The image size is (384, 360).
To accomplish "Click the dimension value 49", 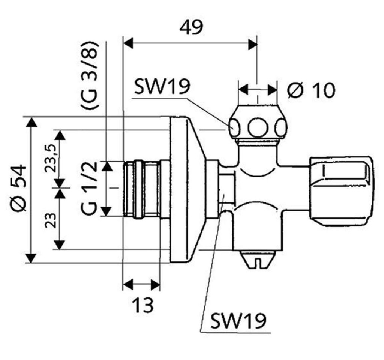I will [x=191, y=27].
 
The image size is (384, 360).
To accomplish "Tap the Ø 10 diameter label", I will [x=311, y=90].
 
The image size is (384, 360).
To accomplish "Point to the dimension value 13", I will [x=143, y=305].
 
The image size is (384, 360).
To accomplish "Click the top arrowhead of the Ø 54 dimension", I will [x=31, y=122].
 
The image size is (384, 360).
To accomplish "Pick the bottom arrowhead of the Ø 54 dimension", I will [x=31, y=258].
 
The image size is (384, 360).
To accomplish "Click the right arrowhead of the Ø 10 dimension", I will [x=273, y=90].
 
